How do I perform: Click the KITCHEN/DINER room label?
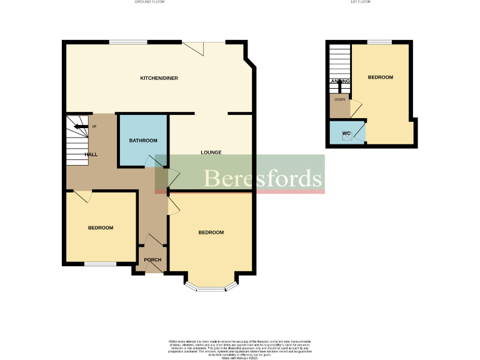point(159,78)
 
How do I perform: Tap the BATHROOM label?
point(143,141)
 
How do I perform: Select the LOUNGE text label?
point(211,152)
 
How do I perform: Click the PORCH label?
point(152,260)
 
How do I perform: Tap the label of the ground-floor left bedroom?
point(100,227)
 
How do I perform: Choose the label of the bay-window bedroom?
point(211,232)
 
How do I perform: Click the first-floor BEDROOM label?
point(380,77)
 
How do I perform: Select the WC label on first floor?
point(346,134)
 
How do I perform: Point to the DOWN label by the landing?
point(339,99)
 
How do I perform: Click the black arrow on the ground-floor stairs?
point(80,126)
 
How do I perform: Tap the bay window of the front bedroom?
point(212,288)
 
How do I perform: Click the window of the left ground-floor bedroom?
point(100,264)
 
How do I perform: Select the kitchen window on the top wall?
point(128,42)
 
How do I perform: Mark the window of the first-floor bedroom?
point(379,42)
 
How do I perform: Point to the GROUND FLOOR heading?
point(154,2)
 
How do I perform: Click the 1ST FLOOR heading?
point(361,2)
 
